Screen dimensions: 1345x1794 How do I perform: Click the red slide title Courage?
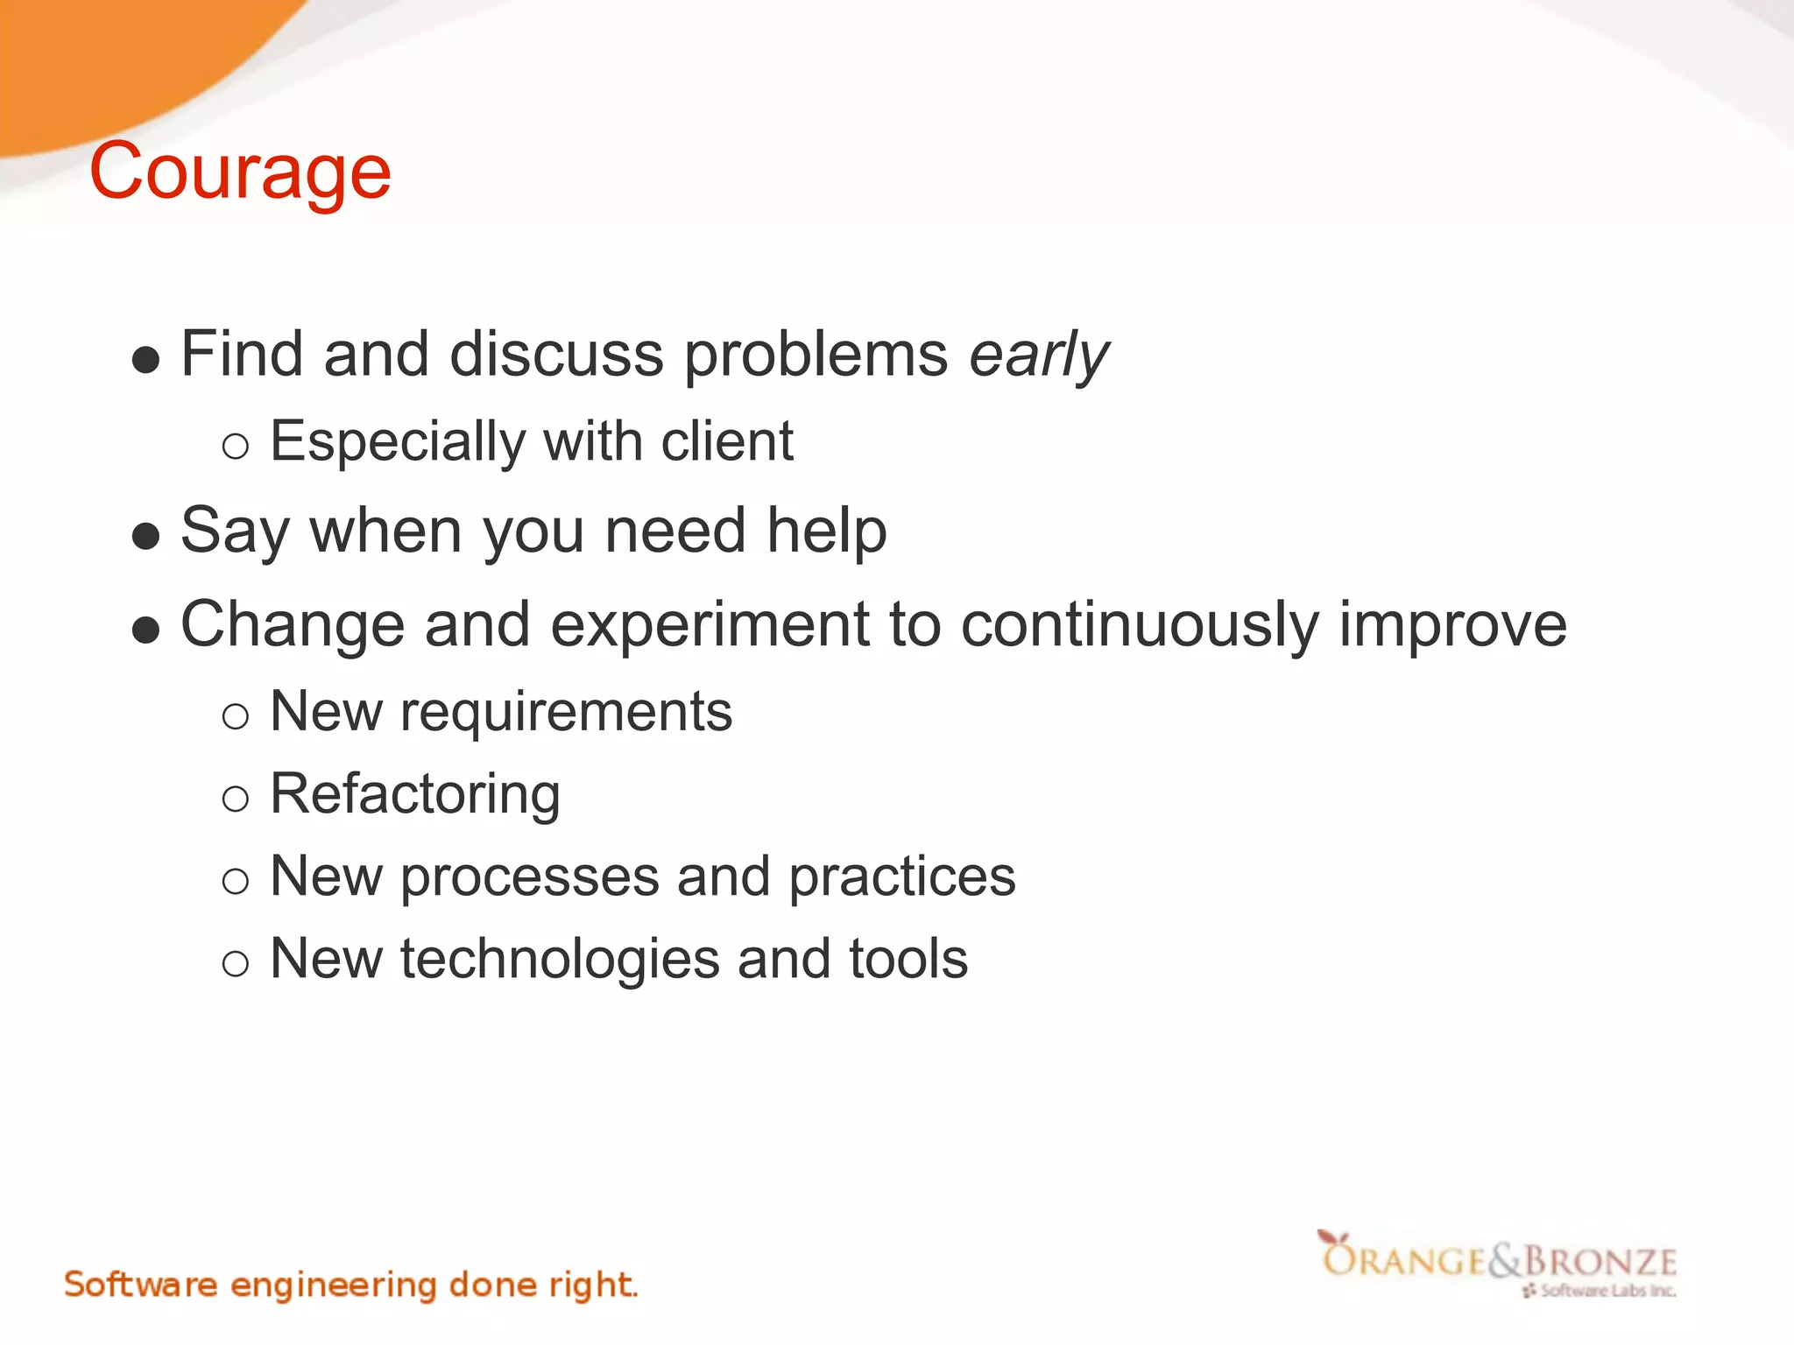240,173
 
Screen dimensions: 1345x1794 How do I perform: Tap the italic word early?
1039,356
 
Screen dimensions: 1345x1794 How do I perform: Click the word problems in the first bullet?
816,356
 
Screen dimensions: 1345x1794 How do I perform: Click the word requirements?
566,712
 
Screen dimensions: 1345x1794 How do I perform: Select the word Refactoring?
415,794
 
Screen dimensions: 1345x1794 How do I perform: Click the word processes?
530,877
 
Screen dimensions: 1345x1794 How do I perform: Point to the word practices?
902,877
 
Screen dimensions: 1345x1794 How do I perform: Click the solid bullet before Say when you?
145,536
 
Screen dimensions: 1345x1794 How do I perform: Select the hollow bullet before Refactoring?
235,799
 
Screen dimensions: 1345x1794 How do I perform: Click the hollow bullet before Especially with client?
235,447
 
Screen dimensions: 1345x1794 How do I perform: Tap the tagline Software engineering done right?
350,1285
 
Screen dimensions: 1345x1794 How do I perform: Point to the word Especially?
397,442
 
